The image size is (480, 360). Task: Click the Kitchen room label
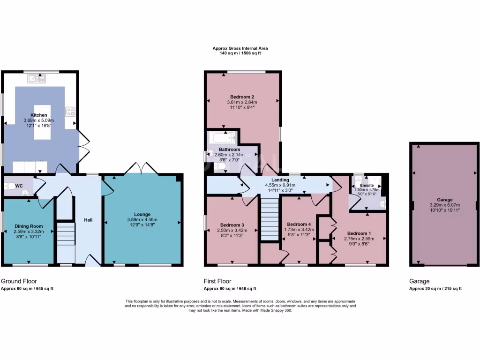[x=39, y=115]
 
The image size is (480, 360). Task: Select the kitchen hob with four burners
[x=71, y=112]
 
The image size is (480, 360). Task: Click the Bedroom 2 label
[x=242, y=97]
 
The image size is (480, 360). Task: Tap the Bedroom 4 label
[x=299, y=224]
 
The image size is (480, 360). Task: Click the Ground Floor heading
[x=19, y=281]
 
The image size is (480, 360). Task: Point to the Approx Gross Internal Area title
[x=240, y=48]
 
